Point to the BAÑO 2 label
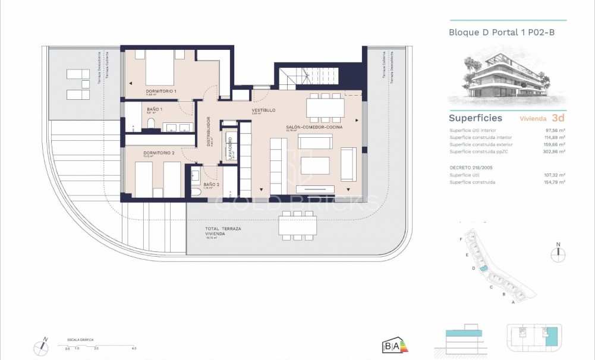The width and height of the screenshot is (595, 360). tap(212, 185)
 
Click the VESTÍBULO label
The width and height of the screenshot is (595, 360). tap(263, 110)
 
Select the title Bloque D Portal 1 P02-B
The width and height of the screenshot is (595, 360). tap(502, 32)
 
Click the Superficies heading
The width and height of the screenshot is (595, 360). tap(475, 118)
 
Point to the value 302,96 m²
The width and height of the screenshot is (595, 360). tap(554, 152)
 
